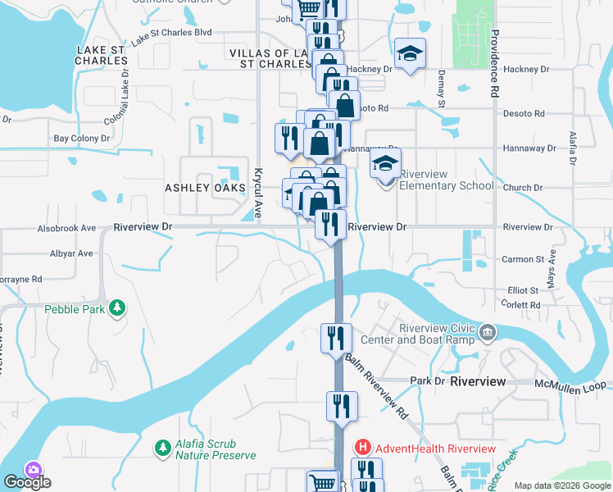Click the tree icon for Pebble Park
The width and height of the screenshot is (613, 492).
[119, 307]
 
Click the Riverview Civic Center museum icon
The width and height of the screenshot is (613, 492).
[488, 332]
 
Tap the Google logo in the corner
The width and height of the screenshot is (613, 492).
[27, 482]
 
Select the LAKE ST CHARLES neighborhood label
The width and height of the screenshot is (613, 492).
[102, 55]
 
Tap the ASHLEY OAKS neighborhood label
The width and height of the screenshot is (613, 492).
[206, 188]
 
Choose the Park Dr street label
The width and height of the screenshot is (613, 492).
[426, 381]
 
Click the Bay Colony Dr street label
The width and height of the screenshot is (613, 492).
[82, 139]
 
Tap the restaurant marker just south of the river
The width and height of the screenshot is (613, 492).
[336, 337]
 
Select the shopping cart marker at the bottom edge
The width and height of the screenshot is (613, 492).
[322, 482]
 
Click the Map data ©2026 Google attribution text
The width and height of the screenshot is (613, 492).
[561, 485]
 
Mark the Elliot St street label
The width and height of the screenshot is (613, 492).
[523, 290]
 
